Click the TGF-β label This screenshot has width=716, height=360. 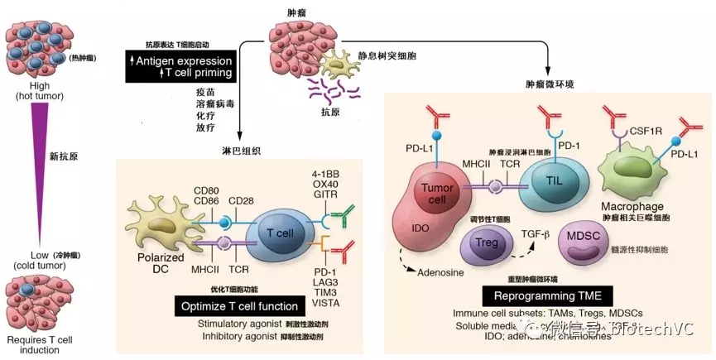tap(536, 234)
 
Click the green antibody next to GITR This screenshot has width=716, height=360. tap(339, 217)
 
